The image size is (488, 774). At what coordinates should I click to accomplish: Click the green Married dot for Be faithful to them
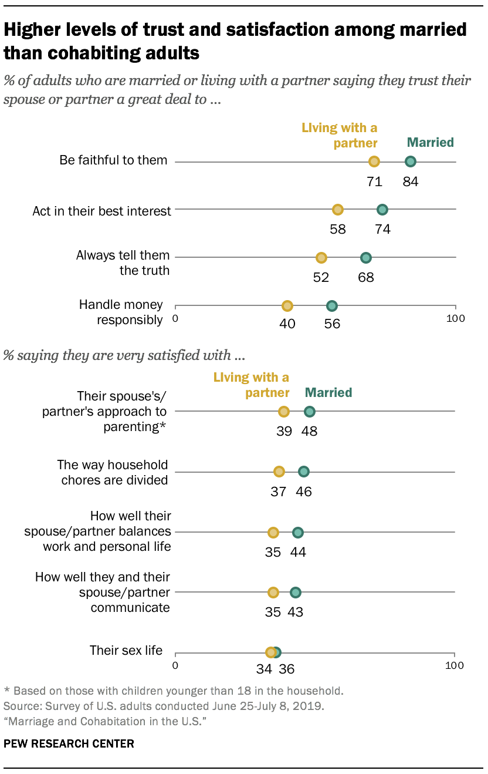(411, 161)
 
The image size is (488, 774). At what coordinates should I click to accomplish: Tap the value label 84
(411, 181)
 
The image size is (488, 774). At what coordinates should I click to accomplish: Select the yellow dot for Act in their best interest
(338, 210)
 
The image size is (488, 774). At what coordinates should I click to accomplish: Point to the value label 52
(321, 277)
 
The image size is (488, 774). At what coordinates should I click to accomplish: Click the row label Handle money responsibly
(121, 312)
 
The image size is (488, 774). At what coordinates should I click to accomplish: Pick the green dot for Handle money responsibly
(332, 305)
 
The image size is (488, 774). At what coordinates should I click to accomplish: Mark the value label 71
(374, 181)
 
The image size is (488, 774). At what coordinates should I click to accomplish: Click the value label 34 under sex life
(265, 668)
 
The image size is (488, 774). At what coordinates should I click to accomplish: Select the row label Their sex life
(126, 650)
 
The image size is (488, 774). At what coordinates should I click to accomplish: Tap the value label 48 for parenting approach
(309, 431)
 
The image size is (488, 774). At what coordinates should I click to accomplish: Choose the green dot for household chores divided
(303, 472)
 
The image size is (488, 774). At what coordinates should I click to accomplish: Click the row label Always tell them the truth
(123, 263)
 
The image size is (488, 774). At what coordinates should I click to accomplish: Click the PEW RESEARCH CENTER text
(69, 743)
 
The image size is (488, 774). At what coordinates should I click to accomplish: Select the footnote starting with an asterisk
(173, 690)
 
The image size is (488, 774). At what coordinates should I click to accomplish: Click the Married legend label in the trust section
(431, 142)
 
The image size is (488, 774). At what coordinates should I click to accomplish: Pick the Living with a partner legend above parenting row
(251, 385)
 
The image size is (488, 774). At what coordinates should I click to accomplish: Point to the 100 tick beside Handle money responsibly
(456, 319)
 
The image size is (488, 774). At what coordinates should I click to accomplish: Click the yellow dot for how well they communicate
(273, 593)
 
